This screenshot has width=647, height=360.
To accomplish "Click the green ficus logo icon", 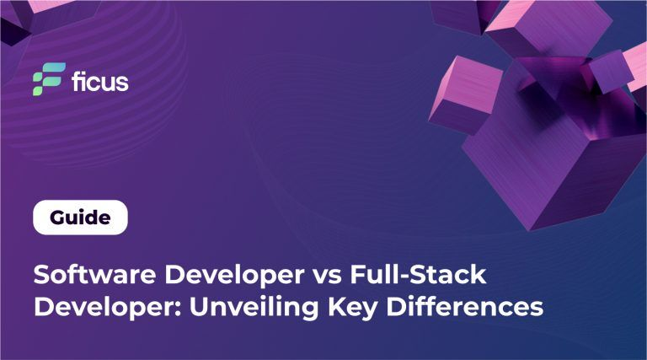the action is pyautogui.click(x=49, y=79).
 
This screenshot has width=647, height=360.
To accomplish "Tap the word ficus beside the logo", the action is pyautogui.click(x=100, y=81).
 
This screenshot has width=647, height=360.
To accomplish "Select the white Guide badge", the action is pyautogui.click(x=81, y=218).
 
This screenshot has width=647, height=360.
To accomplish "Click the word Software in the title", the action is pyautogui.click(x=94, y=275).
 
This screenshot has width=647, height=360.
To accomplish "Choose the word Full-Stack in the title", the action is pyautogui.click(x=419, y=275).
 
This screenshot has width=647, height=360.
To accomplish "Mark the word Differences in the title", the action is pyautogui.click(x=465, y=307).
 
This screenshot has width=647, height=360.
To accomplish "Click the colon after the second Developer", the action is pyautogui.click(x=179, y=310).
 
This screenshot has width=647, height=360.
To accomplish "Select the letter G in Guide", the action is pyautogui.click(x=58, y=218).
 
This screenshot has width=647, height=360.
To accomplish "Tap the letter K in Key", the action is pyautogui.click(x=338, y=307).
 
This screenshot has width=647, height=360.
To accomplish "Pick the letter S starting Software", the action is pyautogui.click(x=41, y=275).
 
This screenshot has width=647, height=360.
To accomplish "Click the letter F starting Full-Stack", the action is pyautogui.click(x=358, y=275).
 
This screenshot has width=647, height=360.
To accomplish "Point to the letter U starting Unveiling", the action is pyautogui.click(x=200, y=307).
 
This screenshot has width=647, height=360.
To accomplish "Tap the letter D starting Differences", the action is pyautogui.click(x=396, y=307).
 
